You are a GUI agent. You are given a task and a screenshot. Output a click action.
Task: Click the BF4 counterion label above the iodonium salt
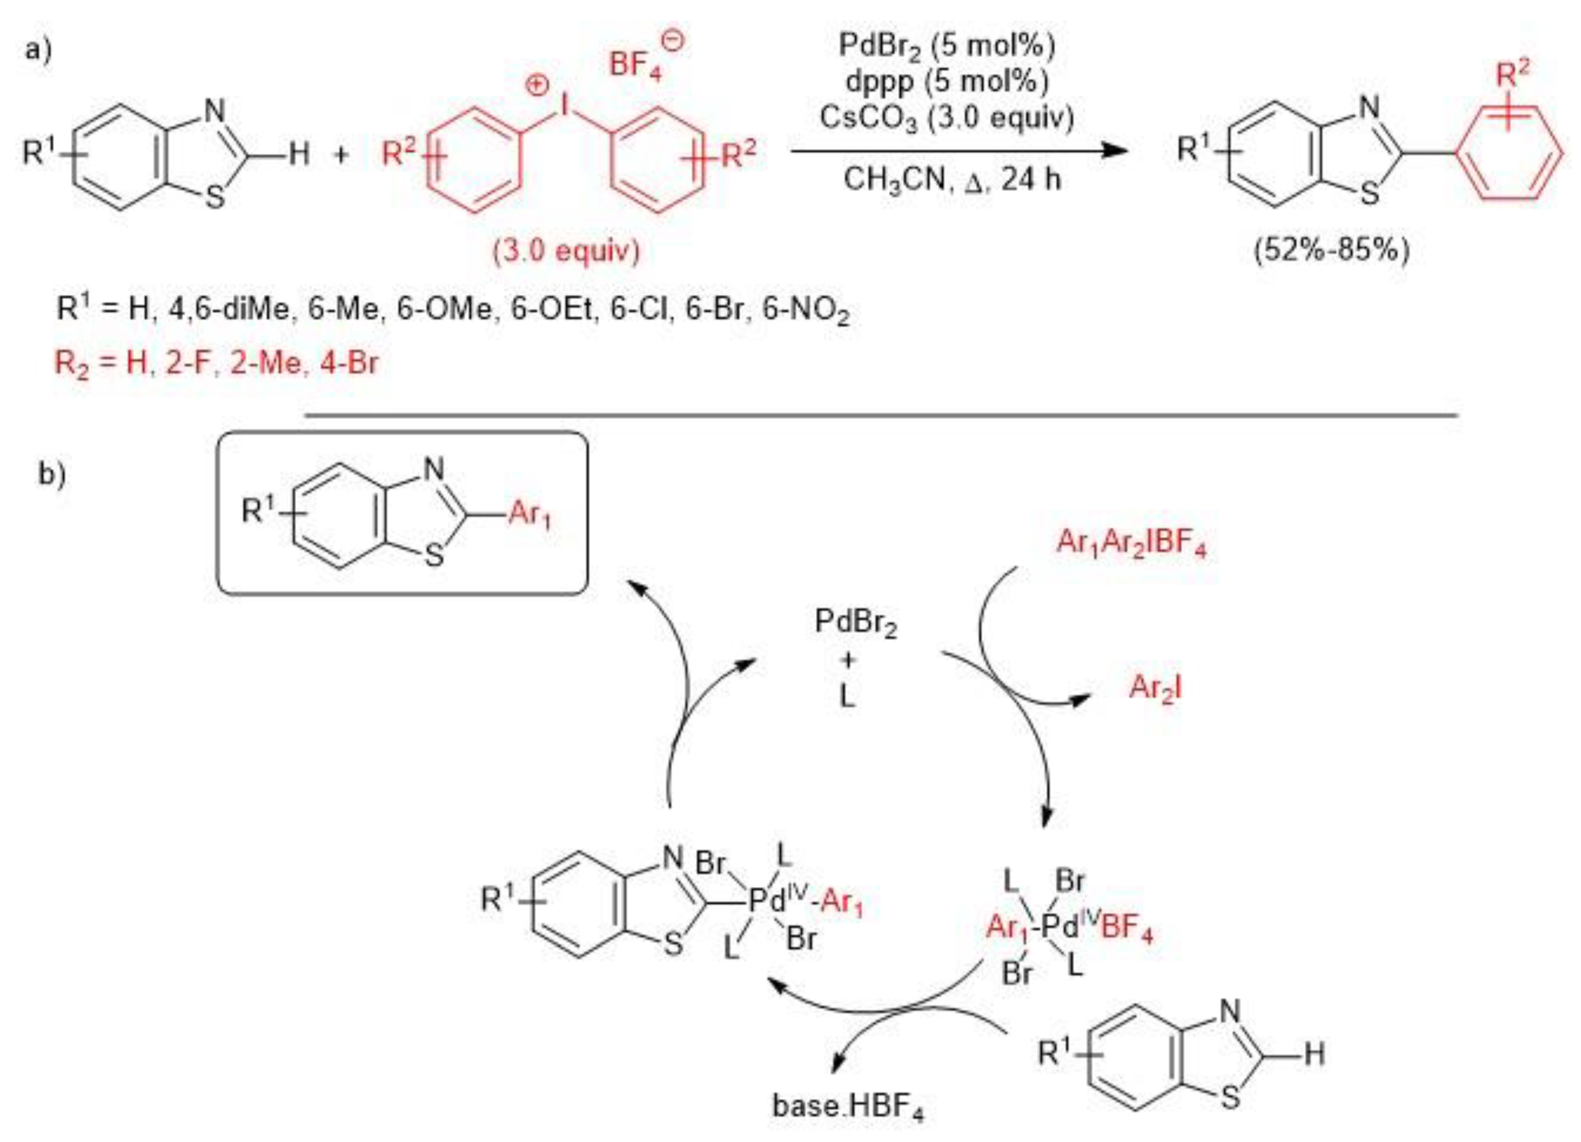tap(636, 65)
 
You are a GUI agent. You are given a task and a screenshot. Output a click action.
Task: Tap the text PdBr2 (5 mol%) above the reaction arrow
tap(947, 46)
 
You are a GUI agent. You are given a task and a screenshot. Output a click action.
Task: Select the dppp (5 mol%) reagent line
tap(947, 82)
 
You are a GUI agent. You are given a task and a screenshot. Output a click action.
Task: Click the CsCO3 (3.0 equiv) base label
tap(947, 117)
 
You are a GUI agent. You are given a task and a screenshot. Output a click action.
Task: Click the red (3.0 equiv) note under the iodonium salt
tap(566, 250)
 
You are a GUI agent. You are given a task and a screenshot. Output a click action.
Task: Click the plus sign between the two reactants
tap(341, 154)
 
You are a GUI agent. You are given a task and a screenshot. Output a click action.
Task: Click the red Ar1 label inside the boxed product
tap(530, 514)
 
